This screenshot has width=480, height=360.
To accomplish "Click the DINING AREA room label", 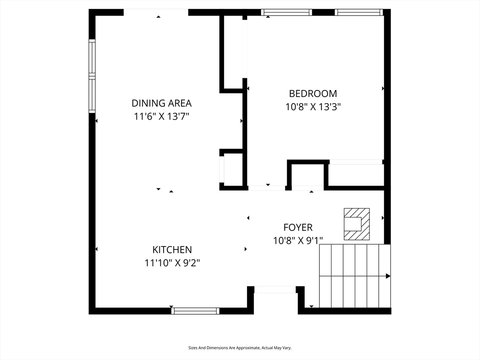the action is (162, 103).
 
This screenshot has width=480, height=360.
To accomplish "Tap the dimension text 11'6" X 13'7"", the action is (162, 117).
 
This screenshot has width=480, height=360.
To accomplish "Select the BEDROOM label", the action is (313, 93).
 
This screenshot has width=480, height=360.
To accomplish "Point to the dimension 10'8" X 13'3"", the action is (313, 107).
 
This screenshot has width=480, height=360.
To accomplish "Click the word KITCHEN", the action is (172, 250).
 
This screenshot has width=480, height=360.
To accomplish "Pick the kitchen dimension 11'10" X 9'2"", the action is (172, 263).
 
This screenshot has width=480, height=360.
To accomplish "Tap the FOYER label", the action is (298, 227).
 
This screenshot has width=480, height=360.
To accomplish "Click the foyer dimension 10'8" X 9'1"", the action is (298, 240).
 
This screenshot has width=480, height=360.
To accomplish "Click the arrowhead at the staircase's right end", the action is (388, 276).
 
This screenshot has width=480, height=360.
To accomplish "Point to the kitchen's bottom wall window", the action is (195, 311).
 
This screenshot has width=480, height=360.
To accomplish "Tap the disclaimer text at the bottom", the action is (240, 348).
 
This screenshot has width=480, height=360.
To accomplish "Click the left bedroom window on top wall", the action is (286, 12).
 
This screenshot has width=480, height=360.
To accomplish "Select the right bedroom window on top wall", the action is (359, 12).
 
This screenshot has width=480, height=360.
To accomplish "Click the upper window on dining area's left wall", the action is (92, 58).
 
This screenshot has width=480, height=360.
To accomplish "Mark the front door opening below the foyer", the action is (275, 290).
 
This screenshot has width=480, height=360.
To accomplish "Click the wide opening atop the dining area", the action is (156, 12).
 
